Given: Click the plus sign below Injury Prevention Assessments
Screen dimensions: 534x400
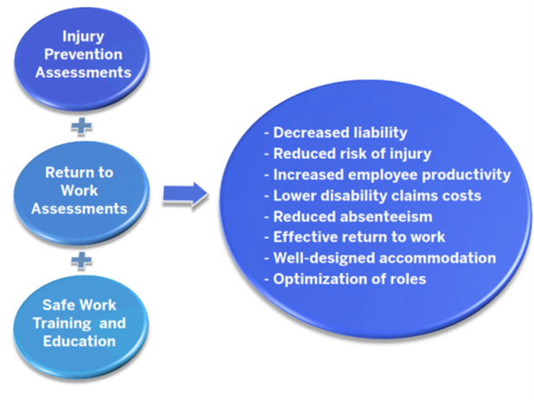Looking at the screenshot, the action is tap(81, 127).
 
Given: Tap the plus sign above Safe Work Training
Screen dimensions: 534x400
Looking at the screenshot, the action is tap(81, 261).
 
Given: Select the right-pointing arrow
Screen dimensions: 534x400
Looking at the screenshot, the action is tap(186, 194).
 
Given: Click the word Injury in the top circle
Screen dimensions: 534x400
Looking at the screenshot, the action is tap(84, 36).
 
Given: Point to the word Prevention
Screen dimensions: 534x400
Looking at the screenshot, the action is tap(84, 54).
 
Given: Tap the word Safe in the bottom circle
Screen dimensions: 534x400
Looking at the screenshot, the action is tap(54, 305).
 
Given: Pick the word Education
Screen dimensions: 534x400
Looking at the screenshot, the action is tap(79, 341).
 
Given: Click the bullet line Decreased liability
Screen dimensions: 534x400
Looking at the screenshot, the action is tap(336, 133).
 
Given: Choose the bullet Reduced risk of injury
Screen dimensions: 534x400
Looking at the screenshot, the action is tap(347, 154).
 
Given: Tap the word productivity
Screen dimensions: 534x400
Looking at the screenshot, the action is tap(467, 175).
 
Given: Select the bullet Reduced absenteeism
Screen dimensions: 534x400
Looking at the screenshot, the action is tap(348, 217).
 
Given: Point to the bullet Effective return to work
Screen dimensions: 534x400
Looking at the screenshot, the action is tap(354, 238).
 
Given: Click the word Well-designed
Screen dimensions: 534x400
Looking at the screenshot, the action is tap(325, 258).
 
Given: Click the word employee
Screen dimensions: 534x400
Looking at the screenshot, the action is tap(383, 175).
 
